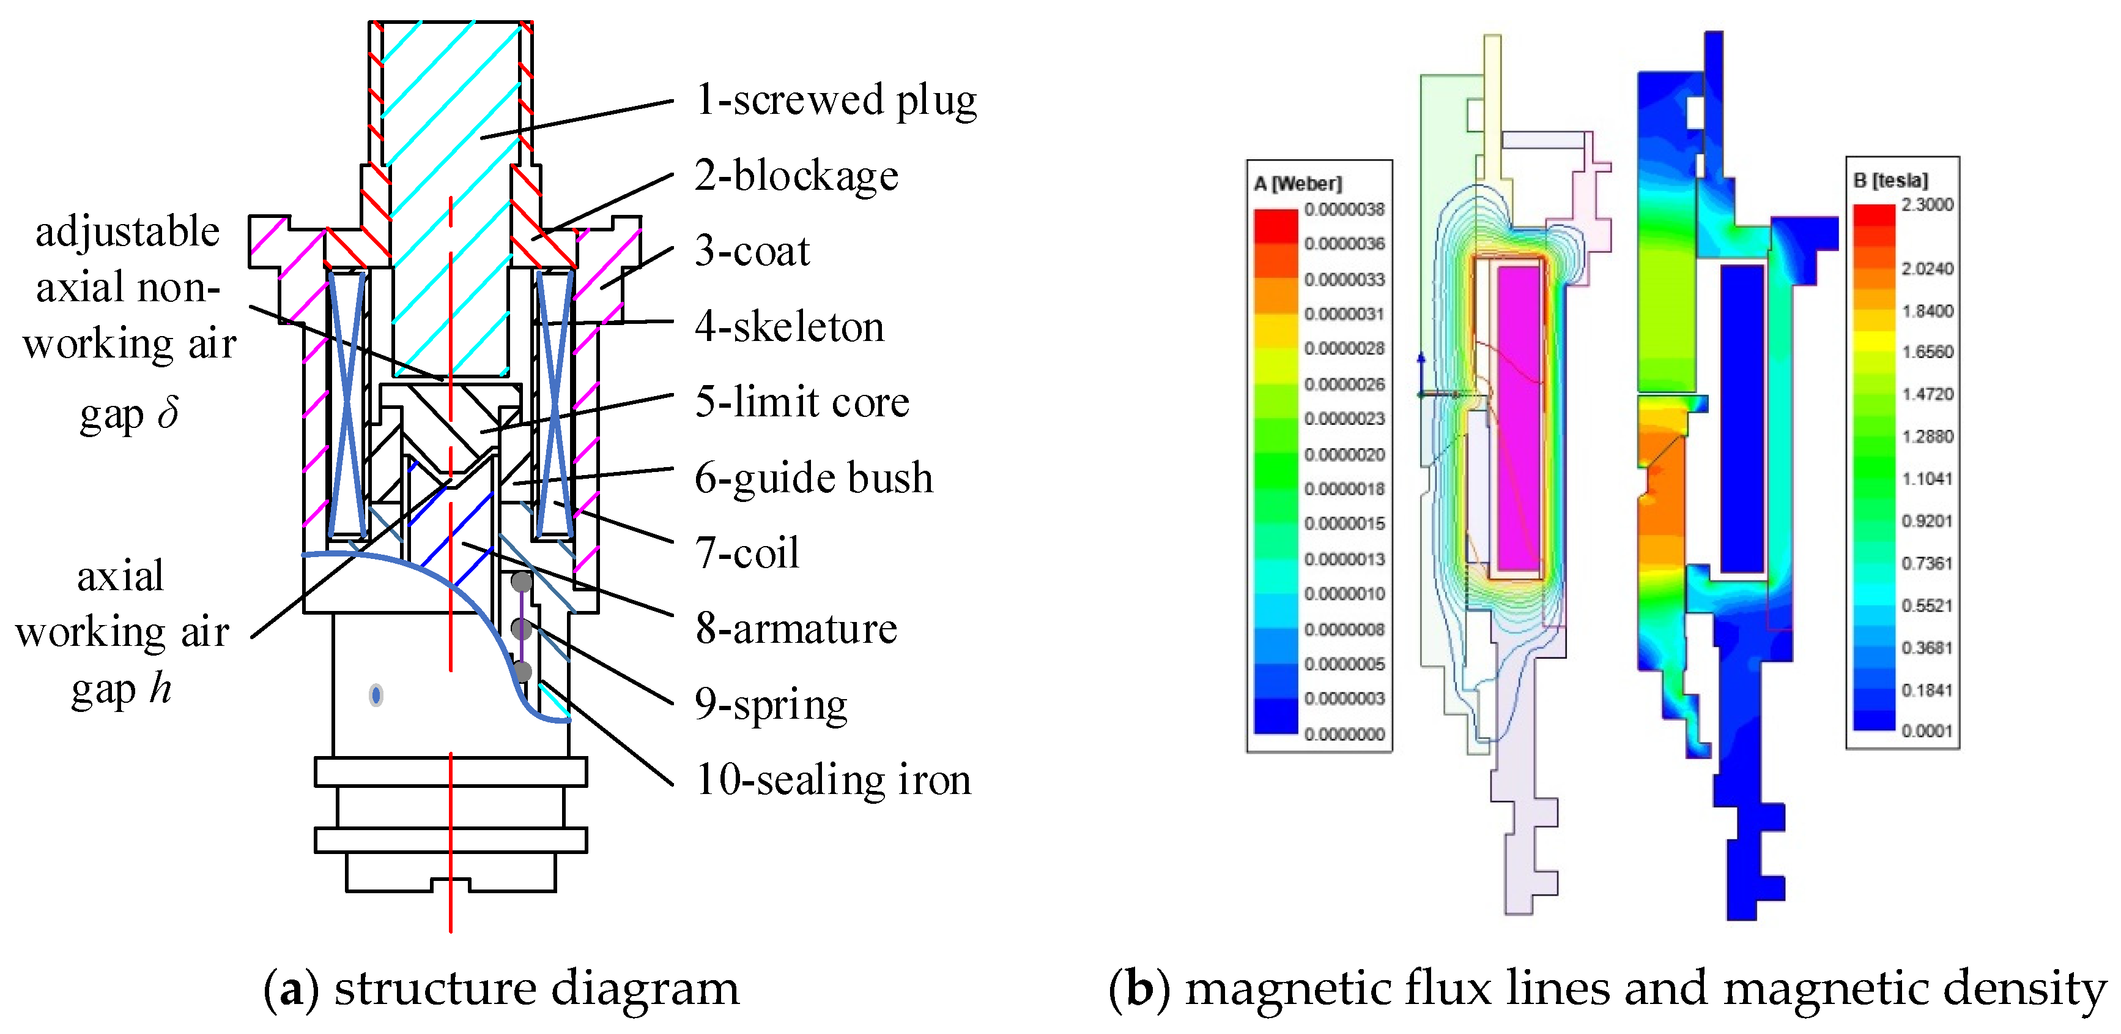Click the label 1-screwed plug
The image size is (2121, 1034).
(835, 100)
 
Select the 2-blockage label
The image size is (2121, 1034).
(795, 176)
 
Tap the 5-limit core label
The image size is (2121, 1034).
(802, 402)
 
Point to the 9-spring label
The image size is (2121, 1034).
(771, 705)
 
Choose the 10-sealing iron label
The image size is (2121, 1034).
(833, 779)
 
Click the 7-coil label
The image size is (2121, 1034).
(747, 553)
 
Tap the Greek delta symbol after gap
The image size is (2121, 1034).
(169, 413)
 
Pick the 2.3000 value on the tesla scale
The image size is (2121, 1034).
(1927, 204)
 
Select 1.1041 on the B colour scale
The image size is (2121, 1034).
(1927, 479)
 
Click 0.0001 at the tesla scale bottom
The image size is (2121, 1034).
(1927, 731)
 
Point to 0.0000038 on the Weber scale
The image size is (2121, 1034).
(1344, 209)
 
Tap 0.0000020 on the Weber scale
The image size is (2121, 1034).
(1344, 455)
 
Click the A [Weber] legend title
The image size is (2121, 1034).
(1298, 184)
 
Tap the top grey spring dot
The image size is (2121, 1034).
(521, 582)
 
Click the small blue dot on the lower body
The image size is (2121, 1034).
(376, 695)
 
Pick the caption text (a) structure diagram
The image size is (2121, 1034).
(502, 989)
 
